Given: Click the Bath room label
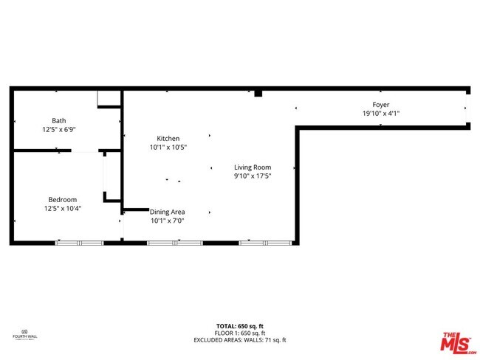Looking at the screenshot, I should point(58,120).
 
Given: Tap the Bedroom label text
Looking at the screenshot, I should point(63,199).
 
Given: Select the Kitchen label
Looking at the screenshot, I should point(168,139).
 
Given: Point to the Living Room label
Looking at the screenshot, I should point(253,167).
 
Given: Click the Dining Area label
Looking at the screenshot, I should point(168,212).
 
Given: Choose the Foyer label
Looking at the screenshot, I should point(381,105).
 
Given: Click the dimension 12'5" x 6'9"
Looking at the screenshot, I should point(58,129).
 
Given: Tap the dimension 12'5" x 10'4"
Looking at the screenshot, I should point(63,208).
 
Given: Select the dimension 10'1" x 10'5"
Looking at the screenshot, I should point(168,148).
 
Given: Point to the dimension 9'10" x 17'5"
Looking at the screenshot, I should point(253,176).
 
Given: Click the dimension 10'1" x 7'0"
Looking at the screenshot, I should point(168,221).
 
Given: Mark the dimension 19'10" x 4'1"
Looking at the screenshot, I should point(381,114).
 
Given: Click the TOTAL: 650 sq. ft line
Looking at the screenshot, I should point(240,326).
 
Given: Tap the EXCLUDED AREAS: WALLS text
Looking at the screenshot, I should point(240,340).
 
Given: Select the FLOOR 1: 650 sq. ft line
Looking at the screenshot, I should point(240,333).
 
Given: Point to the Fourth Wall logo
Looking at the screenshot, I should point(25,335).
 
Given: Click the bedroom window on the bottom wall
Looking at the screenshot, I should point(79,242).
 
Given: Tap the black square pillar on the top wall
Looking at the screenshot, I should point(258,93).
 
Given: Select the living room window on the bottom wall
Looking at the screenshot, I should point(265,242).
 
